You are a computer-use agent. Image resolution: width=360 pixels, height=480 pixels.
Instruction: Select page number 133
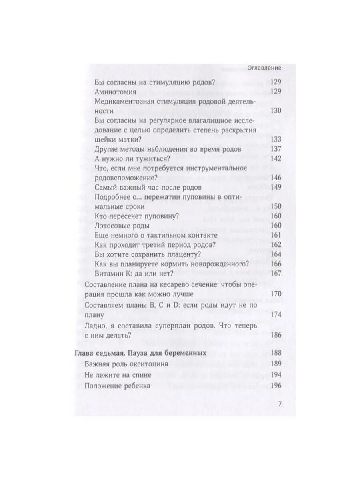276,140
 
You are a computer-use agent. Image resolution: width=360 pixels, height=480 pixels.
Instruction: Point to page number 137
276,149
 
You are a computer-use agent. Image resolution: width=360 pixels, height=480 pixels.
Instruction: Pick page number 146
276,178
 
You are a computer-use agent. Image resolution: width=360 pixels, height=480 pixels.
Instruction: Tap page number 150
276,206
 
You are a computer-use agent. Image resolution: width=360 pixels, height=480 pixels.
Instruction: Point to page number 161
276,235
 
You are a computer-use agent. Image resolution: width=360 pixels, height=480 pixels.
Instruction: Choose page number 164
276,254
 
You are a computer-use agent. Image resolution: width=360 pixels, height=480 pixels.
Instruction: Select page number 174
276,314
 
